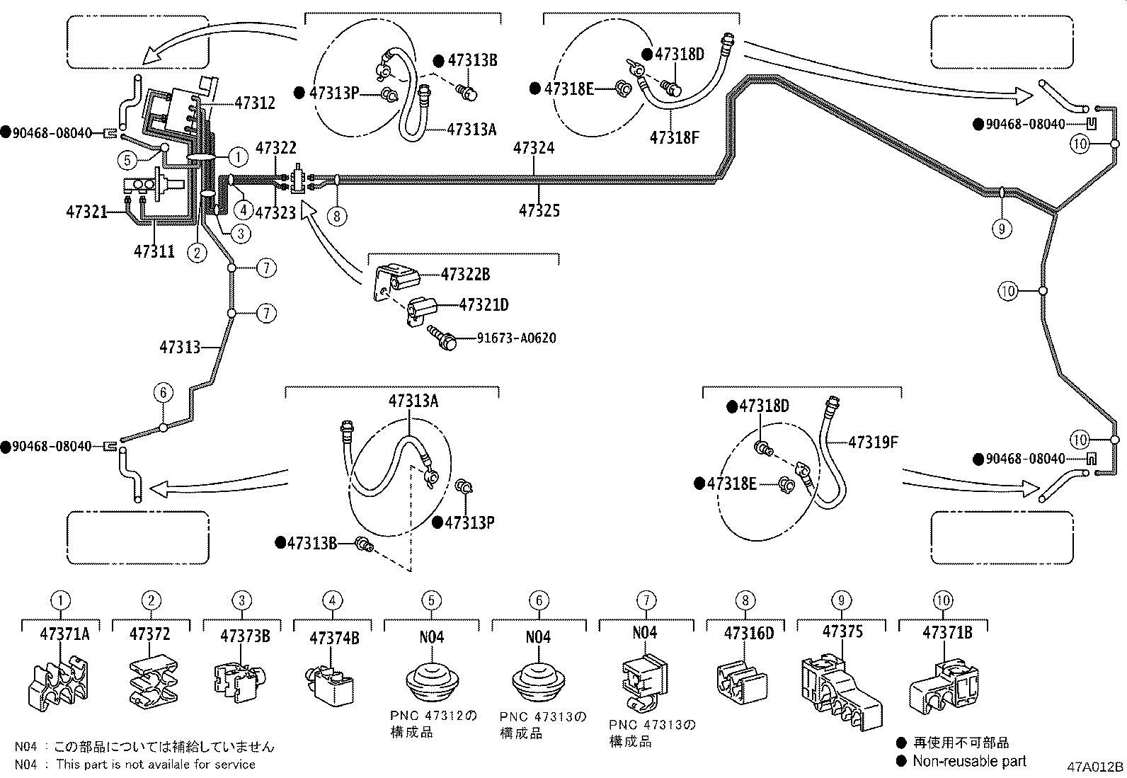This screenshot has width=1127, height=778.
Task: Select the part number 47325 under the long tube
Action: (x=539, y=210)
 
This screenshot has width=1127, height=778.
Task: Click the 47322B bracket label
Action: (x=465, y=275)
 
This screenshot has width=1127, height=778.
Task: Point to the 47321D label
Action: (x=484, y=305)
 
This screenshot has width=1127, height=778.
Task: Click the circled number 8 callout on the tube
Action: (x=338, y=215)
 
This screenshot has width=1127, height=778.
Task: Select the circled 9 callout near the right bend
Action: (x=1001, y=228)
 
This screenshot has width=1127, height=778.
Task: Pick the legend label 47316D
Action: (x=749, y=633)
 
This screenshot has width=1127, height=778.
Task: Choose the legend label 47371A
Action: (x=64, y=633)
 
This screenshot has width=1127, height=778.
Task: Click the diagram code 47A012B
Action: (x=1095, y=766)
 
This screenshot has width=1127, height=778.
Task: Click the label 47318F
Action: (x=674, y=137)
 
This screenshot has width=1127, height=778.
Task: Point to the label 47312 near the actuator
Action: (x=254, y=103)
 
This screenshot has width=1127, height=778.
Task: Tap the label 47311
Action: (x=154, y=251)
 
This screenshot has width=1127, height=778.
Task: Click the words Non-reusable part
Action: (x=968, y=761)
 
